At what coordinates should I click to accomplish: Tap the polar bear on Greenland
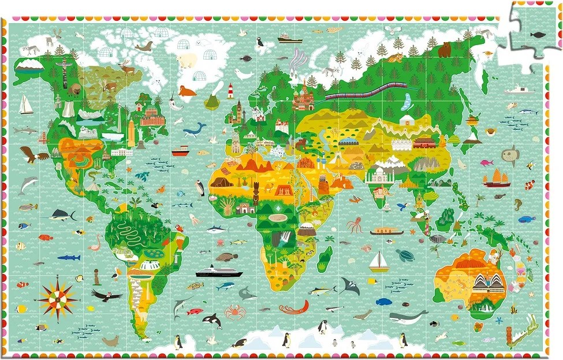(x=187, y=60)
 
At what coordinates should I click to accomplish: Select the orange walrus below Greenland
(x=187, y=91)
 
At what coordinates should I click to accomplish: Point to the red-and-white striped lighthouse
(x=230, y=90)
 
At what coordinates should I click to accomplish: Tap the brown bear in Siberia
(x=444, y=50)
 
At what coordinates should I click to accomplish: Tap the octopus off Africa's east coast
(x=354, y=225)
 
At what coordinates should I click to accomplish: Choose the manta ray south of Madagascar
(x=349, y=285)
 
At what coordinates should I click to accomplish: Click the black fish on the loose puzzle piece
(x=536, y=35)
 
